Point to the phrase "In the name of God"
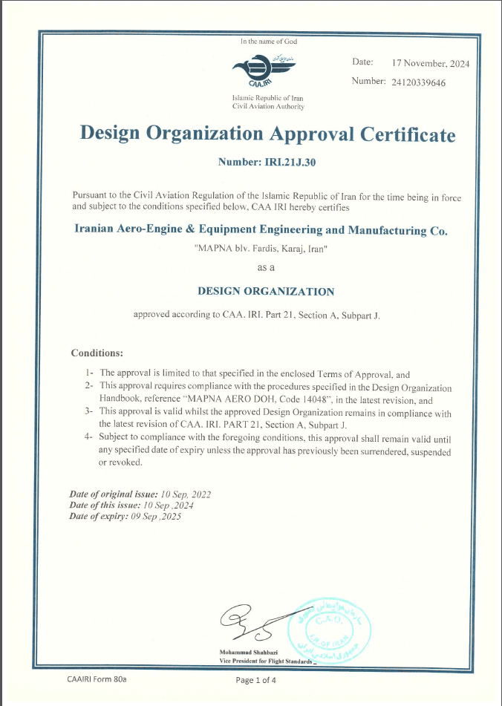(268, 42)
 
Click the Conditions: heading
(97, 353)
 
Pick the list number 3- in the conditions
(89, 411)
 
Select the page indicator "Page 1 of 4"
(255, 679)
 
